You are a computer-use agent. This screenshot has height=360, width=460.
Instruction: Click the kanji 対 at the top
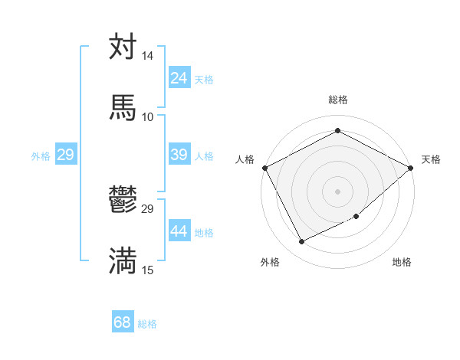click(123, 47)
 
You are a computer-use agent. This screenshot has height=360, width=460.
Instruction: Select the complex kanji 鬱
click(123, 200)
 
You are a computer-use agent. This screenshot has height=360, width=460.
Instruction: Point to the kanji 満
click(123, 260)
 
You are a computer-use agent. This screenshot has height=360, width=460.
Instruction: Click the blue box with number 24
click(179, 78)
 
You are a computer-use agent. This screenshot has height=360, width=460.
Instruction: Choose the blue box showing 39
click(179, 155)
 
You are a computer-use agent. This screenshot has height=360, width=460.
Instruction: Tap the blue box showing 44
click(179, 231)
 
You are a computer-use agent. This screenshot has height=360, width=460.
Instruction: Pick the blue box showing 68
click(123, 322)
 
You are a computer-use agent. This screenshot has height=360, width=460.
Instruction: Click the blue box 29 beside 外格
click(65, 155)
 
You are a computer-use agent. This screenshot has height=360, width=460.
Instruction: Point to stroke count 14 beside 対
click(147, 57)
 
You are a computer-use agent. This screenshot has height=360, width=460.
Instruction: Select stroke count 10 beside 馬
click(147, 116)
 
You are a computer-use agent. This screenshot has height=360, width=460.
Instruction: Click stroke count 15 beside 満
click(147, 270)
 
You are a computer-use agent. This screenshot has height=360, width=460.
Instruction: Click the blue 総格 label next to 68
click(147, 324)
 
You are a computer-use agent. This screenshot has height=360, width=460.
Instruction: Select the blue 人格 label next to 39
click(204, 156)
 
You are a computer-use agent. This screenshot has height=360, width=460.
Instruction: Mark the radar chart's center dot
click(337, 191)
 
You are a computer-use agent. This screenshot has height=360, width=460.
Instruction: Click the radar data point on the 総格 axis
click(337, 130)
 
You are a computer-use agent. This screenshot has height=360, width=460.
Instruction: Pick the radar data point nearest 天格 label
click(412, 167)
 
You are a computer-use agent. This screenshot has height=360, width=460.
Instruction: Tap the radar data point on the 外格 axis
click(301, 242)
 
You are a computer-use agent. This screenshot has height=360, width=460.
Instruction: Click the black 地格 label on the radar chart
click(402, 262)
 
